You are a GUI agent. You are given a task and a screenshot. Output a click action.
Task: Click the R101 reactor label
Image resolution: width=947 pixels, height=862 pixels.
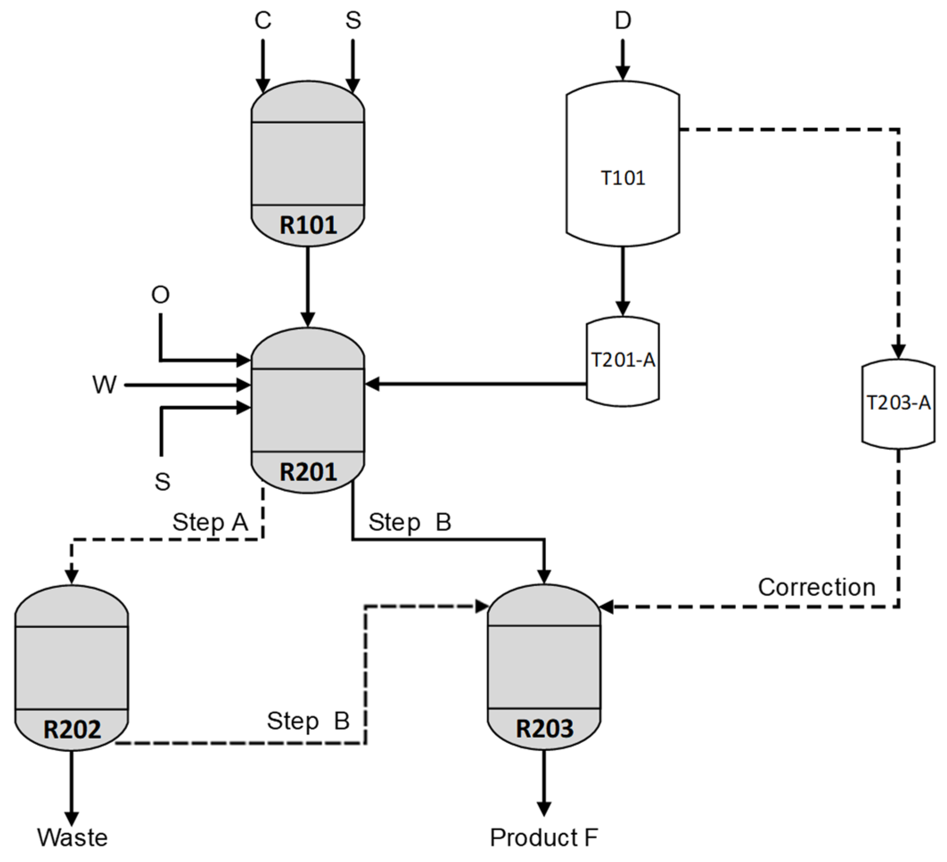coord(308,225)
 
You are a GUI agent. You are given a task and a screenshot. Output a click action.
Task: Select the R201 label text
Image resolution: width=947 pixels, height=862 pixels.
coord(308,472)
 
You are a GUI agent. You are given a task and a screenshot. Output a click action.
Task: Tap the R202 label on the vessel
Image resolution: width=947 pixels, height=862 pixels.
coord(72,729)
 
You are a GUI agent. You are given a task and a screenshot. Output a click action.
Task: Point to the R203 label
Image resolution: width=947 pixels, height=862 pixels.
coord(545,728)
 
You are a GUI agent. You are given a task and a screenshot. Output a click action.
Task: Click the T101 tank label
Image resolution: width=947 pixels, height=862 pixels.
coord(623,178)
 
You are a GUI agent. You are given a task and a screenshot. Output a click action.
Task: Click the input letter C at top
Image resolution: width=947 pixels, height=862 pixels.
coord(262,20)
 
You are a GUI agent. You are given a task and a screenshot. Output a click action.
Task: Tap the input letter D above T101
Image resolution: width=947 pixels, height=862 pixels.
coord(623,20)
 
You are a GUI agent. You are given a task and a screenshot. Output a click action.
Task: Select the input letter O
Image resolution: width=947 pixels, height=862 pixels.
coord(160,295)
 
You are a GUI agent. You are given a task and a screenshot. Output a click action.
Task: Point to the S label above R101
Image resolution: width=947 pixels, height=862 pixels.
coord(353,20)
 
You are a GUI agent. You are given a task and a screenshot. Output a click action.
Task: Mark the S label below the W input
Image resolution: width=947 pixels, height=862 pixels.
coord(163,482)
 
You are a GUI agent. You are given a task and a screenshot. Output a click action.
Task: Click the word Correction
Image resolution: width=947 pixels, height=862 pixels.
coord(816,587)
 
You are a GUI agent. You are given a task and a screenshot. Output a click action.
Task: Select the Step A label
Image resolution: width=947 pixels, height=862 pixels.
coord(210,522)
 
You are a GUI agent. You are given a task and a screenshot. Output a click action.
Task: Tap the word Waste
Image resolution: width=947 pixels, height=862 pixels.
coord(72,837)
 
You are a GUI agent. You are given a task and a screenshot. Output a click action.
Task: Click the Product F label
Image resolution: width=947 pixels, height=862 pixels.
coord(544,837)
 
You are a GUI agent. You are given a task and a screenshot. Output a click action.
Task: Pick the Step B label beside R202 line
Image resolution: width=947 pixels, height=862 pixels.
coord(308,721)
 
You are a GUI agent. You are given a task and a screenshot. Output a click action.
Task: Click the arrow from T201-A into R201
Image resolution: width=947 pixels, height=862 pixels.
coord(475,384)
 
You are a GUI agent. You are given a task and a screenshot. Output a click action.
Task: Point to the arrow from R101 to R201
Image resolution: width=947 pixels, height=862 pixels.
coord(307,286)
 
